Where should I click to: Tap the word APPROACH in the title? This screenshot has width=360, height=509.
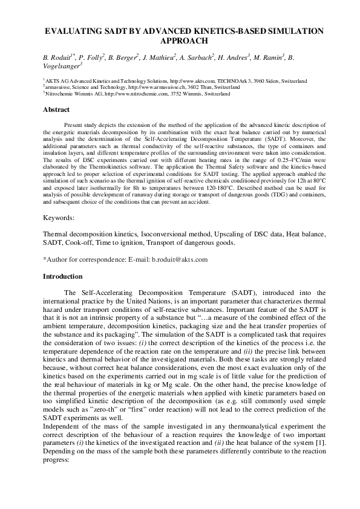point(180,41)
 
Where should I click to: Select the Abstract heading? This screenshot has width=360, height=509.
point(56,109)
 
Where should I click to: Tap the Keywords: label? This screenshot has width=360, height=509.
point(59,215)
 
